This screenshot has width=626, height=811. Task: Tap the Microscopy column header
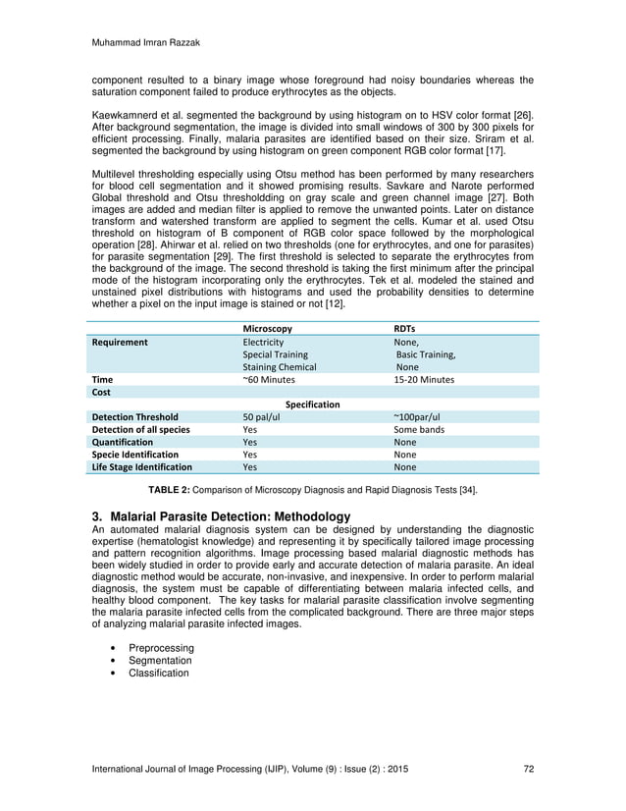[267, 328]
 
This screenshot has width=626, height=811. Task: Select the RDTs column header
[404, 328]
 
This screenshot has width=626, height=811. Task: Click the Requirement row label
[120, 343]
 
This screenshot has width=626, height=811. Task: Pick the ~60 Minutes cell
[268, 379]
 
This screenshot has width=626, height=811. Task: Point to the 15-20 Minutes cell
[423, 379]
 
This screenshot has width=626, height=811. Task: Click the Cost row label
[101, 392]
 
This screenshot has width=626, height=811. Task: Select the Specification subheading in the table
[312, 405]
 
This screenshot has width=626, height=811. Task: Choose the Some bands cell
[420, 430]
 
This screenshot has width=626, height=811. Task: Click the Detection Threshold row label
[134, 417]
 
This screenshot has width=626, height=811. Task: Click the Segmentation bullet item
[160, 661]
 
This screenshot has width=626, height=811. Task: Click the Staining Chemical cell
[279, 366]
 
